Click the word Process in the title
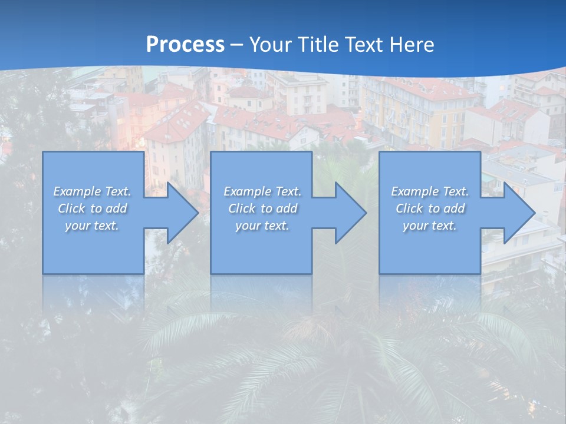185,44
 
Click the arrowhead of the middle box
350,213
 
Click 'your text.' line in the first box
92,226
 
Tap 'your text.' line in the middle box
262,226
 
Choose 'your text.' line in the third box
430,226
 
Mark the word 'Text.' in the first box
117,191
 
